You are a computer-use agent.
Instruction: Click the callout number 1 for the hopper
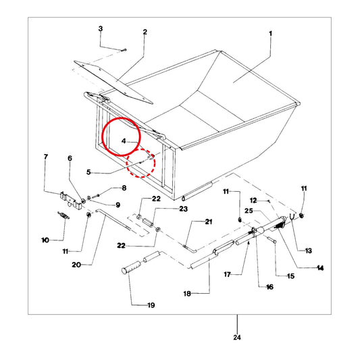[270, 34]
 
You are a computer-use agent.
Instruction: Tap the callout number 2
[145, 32]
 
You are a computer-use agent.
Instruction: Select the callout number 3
[101, 29]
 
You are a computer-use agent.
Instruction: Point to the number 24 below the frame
[237, 337]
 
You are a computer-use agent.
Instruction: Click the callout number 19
[151, 305]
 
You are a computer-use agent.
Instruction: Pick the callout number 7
[46, 157]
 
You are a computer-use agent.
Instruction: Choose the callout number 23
[183, 209]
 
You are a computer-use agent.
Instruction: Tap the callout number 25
[249, 211]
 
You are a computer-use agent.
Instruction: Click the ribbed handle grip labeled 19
[131, 267]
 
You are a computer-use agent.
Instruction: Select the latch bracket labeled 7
[71, 200]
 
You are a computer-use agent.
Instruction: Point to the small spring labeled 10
[63, 215]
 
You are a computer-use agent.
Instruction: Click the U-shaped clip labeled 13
[291, 217]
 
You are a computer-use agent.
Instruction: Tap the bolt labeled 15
[272, 240]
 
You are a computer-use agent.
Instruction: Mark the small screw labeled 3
[124, 50]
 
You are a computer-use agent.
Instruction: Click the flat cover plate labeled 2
[113, 82]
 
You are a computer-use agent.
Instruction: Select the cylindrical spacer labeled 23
[148, 222]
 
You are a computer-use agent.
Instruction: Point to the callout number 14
[320, 268]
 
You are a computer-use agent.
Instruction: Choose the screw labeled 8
[95, 197]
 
